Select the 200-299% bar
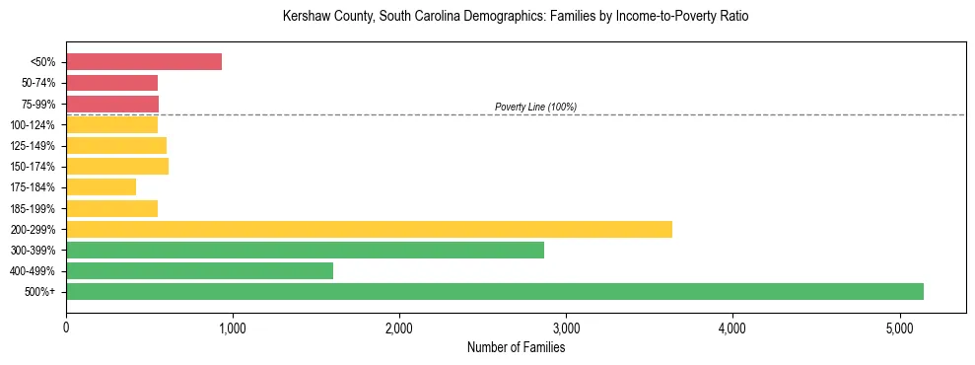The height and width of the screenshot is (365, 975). (x=369, y=229)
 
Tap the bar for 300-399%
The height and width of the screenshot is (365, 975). (x=305, y=250)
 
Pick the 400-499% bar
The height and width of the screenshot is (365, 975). (x=199, y=270)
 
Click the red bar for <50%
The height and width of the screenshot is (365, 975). (x=144, y=61)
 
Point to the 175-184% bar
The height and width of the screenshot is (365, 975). (x=101, y=186)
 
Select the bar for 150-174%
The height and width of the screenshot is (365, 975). (x=117, y=166)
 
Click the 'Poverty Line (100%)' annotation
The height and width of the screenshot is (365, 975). (x=535, y=107)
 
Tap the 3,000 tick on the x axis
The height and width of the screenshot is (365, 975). (x=566, y=328)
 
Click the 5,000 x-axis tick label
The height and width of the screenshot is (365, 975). (x=899, y=328)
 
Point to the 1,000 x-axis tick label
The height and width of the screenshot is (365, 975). (x=233, y=328)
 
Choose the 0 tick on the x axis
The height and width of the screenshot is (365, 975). (x=66, y=328)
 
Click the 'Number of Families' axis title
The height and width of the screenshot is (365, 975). (x=516, y=347)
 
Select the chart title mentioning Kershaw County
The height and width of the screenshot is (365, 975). (x=516, y=17)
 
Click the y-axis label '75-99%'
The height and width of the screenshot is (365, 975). (x=38, y=104)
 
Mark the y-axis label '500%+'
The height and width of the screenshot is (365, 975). (x=40, y=292)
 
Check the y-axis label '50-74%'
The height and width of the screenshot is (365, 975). (x=38, y=83)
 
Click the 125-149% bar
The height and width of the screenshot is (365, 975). (x=116, y=145)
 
